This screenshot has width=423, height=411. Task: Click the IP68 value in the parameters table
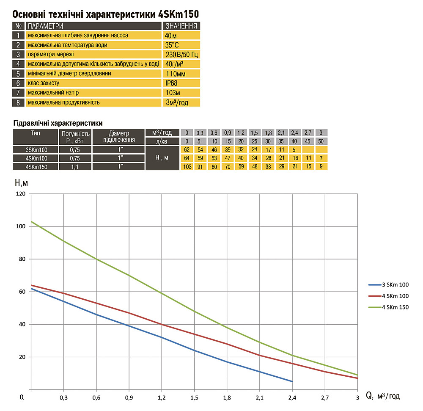[x=171, y=83]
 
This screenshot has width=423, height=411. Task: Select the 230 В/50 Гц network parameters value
[x=181, y=55]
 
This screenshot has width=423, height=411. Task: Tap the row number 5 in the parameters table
[x=18, y=73]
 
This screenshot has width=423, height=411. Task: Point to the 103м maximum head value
[x=173, y=92]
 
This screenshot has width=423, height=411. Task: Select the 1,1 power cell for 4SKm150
[x=76, y=166]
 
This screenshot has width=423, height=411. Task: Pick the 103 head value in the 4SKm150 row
[x=187, y=166]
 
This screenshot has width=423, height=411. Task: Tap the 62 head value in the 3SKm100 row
[x=187, y=150]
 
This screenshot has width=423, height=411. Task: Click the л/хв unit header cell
[x=162, y=141]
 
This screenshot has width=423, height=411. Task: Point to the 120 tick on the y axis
[x=21, y=194]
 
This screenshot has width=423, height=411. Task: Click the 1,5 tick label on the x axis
[x=194, y=398]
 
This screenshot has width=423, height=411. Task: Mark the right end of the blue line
[x=292, y=381]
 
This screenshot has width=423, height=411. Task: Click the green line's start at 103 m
[x=31, y=221]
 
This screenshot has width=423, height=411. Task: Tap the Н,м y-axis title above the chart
[x=22, y=183]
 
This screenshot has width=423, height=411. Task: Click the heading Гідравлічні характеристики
[x=58, y=124]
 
